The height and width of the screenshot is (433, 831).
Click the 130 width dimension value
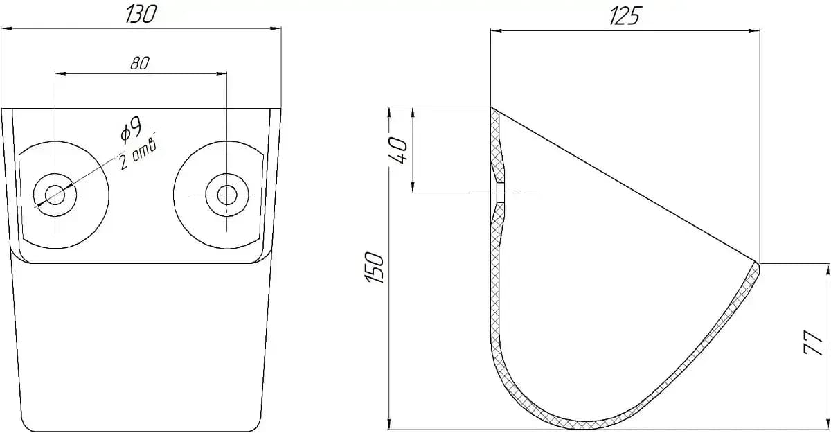point(141,15)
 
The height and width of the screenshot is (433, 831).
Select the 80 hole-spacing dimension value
point(140,63)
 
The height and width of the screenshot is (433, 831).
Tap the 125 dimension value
point(625,17)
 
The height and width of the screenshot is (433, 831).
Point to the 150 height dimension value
point(374,267)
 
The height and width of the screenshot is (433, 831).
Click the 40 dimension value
point(398,150)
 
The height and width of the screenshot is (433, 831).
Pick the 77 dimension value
point(813,342)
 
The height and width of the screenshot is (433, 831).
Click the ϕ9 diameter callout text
point(131,130)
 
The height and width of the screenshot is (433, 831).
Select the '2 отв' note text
point(138,155)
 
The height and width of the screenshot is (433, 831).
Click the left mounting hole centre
point(55,195)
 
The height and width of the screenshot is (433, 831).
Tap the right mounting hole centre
point(226,195)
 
